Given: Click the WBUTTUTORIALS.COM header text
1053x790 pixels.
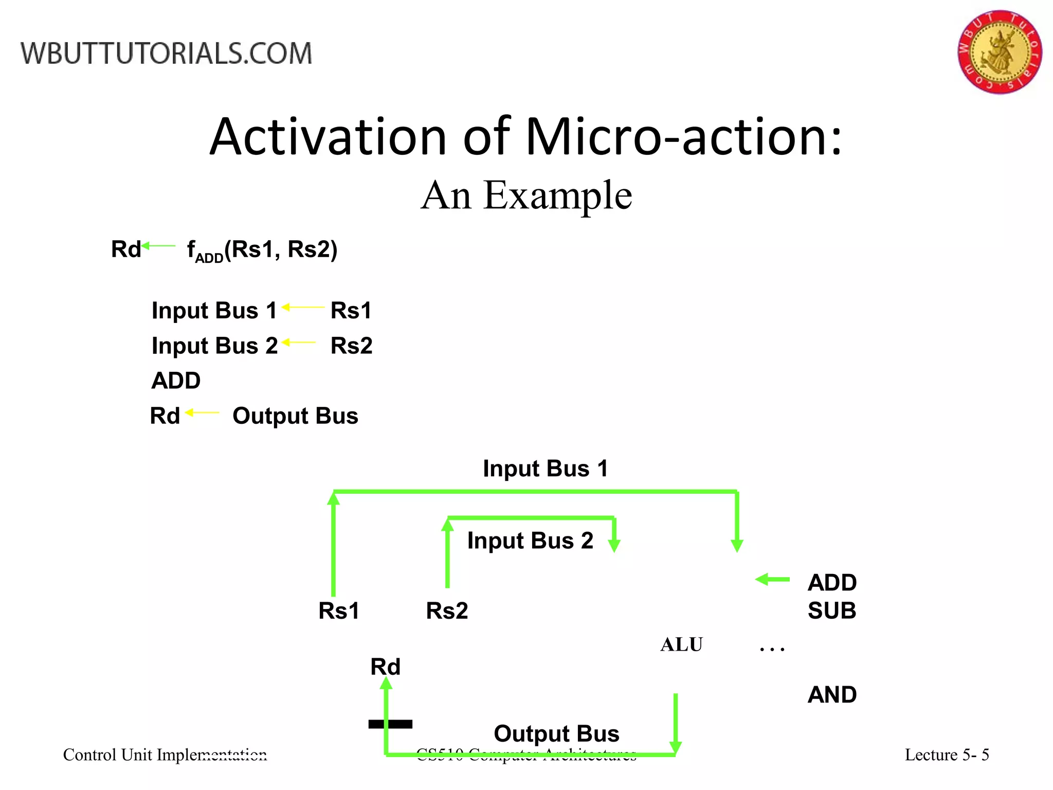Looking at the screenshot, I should (166, 53).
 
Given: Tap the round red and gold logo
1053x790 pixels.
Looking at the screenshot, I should (999, 52).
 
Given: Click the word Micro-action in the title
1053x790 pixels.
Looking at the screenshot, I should (683, 137).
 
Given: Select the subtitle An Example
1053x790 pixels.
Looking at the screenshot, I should (526, 195).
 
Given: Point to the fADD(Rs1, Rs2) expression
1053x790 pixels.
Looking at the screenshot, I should (262, 250).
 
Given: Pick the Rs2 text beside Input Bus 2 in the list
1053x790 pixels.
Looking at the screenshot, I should (351, 346).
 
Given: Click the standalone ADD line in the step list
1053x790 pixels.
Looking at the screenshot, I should (176, 381).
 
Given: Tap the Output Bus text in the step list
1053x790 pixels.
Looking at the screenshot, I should (295, 416).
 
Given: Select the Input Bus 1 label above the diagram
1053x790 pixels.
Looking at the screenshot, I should (546, 469).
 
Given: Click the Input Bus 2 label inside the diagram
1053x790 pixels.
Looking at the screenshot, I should (530, 541).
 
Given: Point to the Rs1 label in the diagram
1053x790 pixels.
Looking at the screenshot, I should (339, 611).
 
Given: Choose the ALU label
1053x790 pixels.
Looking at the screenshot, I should (681, 644).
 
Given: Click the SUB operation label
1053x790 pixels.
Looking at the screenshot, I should (831, 611).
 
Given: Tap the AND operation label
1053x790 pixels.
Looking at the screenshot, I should (831, 695).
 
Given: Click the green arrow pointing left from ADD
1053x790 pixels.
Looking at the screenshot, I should (772, 580).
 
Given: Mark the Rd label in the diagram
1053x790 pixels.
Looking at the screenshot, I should (385, 667).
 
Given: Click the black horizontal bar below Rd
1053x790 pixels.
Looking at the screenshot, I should (390, 724).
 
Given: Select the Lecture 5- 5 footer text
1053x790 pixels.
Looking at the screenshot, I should (947, 755).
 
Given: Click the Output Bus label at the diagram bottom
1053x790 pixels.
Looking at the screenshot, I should (556, 733).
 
